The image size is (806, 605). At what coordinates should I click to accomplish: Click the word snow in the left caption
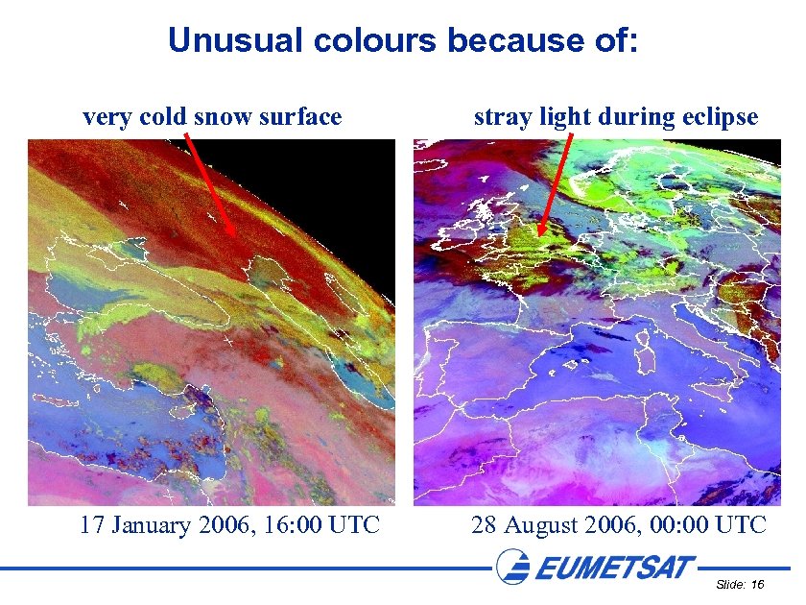(221, 117)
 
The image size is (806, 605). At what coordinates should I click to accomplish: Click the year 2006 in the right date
(613, 525)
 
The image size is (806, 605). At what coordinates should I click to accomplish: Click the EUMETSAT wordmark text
(614, 568)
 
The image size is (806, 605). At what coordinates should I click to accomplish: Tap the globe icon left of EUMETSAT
(513, 567)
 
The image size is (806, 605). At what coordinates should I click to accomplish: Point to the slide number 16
(757, 585)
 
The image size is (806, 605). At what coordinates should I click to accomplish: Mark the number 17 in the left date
(92, 525)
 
